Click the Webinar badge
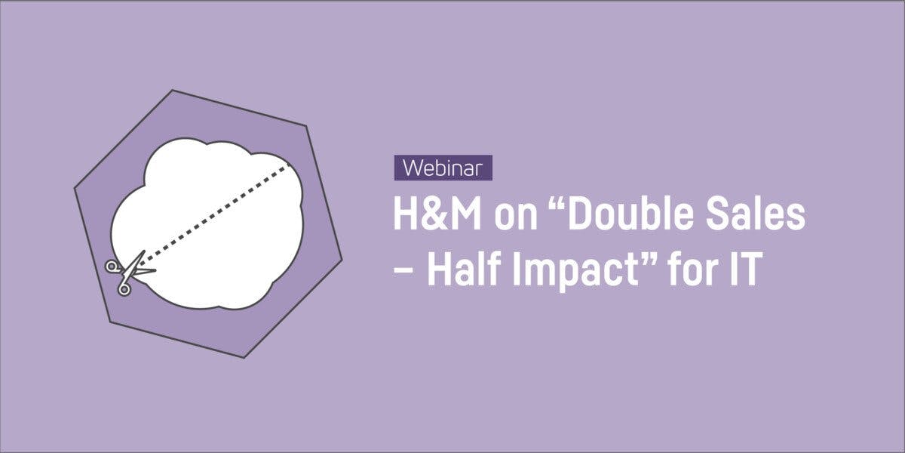click(x=443, y=168)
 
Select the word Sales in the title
click(x=756, y=217)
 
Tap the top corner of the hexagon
click(x=173, y=91)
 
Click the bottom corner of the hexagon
click(x=244, y=357)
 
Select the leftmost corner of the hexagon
click(x=75, y=184)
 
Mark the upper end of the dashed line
click(x=290, y=165)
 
